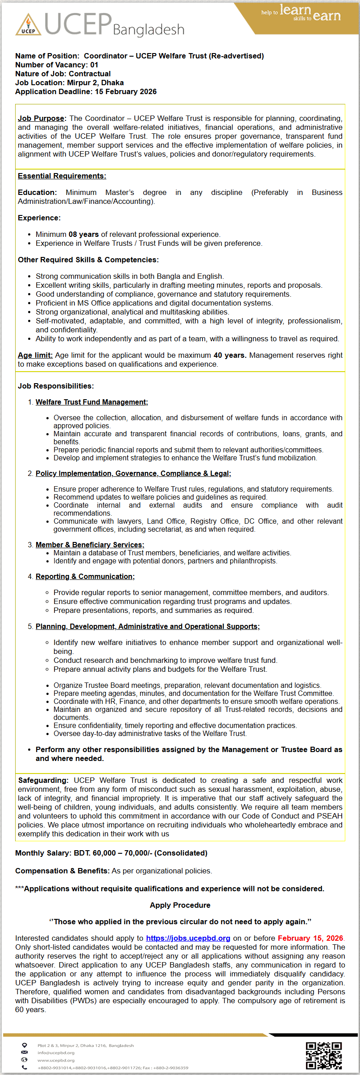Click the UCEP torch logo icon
[x=28, y=25]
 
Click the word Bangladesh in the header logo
[x=149, y=30]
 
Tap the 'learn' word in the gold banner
[x=295, y=10]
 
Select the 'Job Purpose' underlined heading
[x=41, y=118]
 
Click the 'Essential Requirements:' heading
[x=62, y=176]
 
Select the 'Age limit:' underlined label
[x=35, y=355]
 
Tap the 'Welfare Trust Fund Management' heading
[x=91, y=402]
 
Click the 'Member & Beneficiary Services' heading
[x=90, y=545]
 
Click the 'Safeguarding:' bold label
[x=43, y=780]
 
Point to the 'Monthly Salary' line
[x=111, y=853]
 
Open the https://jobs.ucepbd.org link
[x=188, y=938]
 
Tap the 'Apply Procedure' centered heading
[x=180, y=905]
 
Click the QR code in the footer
[x=323, y=1055]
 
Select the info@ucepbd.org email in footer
[x=50, y=1052]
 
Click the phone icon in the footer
[x=25, y=1067]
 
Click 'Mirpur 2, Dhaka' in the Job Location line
[x=95, y=83]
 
